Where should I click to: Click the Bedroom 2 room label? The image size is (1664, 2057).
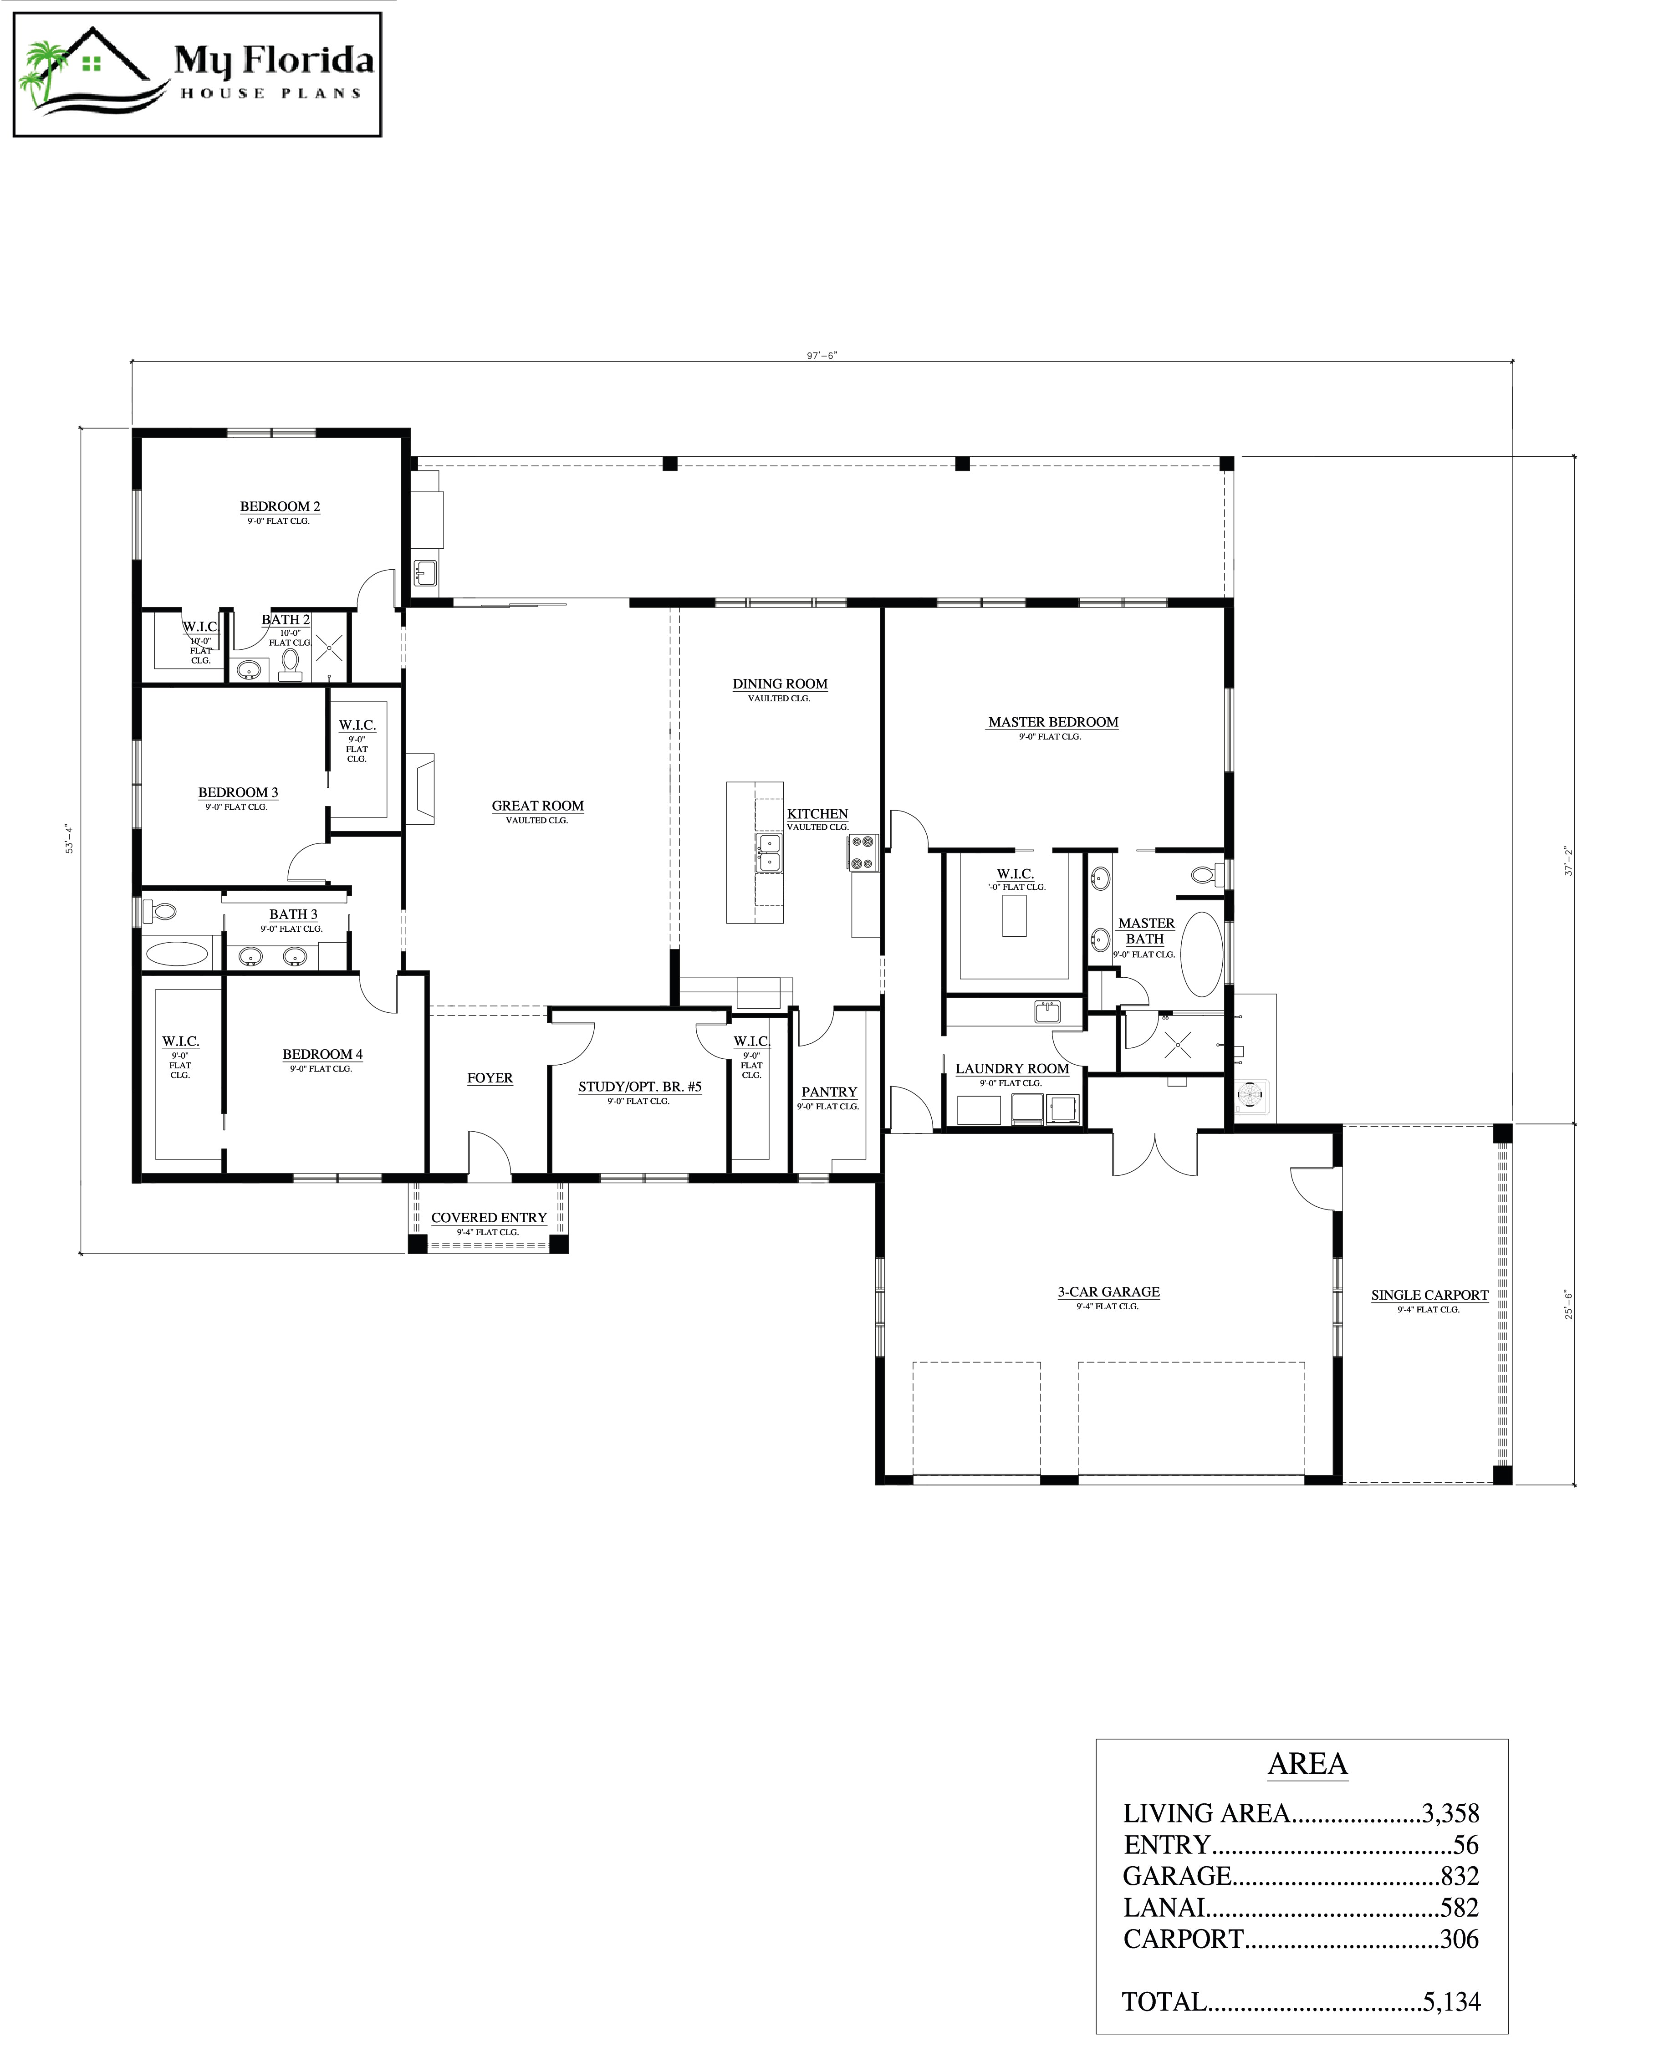click(280, 506)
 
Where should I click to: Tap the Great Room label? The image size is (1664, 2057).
click(538, 806)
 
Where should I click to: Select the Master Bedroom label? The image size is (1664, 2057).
click(1053, 722)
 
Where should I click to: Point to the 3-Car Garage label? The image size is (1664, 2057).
click(1108, 1292)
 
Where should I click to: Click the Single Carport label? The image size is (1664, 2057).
click(1429, 1295)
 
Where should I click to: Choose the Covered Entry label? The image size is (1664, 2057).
click(489, 1218)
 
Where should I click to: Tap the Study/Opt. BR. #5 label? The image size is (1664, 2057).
click(639, 1087)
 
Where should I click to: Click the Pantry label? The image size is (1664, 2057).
click(829, 1092)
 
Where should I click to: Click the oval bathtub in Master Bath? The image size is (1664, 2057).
click(1201, 954)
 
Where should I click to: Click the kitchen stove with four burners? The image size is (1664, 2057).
click(862, 852)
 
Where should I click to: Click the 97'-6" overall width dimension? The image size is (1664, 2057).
click(822, 356)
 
